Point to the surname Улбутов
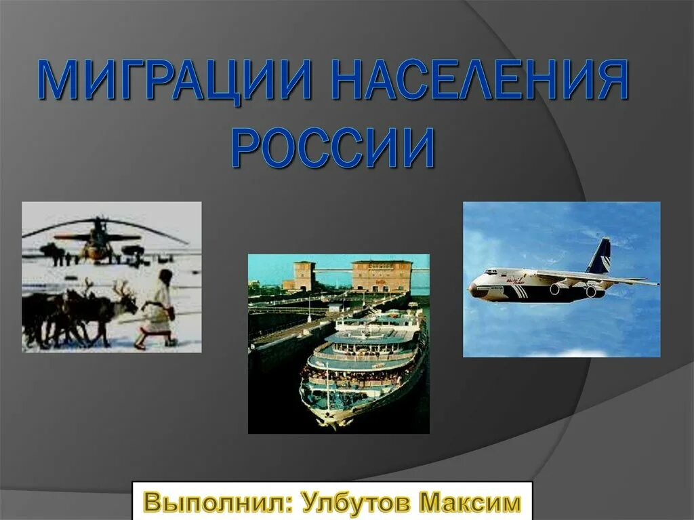point(356,503)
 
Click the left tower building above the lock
point(304,274)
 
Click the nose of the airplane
point(474,289)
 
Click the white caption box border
point(332,482)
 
